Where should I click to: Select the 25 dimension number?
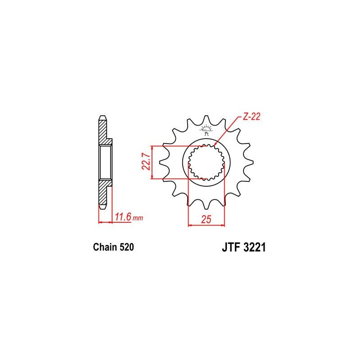point(206,220)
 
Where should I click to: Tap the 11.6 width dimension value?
point(122,218)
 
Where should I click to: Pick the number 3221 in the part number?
point(253,248)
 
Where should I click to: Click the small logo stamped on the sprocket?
point(207,130)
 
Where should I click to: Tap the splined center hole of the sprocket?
point(206,163)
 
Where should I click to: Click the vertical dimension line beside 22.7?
point(153,162)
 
